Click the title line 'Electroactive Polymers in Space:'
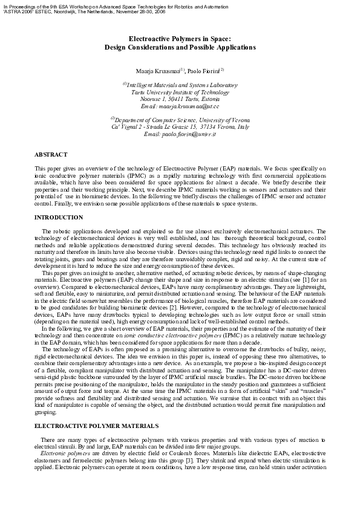[x=180, y=39]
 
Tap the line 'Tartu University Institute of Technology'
[x=180, y=92]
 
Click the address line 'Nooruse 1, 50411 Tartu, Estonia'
[x=180, y=99]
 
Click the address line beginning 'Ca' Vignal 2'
[x=180, y=127]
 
